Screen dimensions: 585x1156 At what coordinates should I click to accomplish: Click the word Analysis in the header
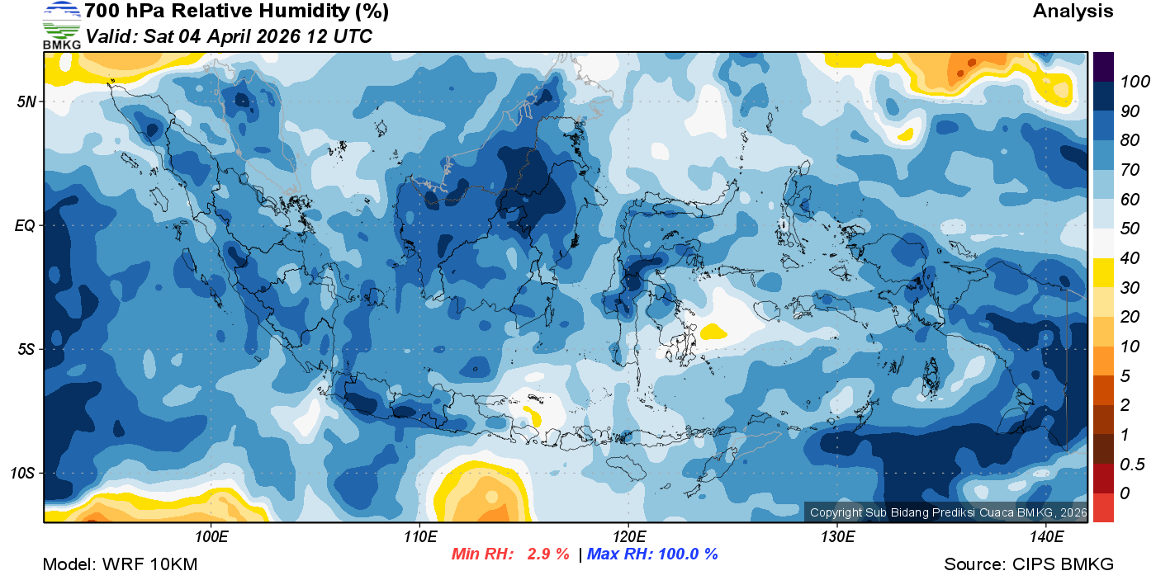point(1073,12)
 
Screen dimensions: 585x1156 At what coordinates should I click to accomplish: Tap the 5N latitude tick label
point(26,101)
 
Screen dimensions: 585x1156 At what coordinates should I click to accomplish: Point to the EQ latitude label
point(25,225)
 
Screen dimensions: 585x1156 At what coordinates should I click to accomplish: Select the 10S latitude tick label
point(22,474)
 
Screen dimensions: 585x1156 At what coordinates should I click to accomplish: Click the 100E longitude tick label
point(211,537)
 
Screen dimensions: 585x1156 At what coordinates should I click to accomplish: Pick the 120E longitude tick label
point(628,537)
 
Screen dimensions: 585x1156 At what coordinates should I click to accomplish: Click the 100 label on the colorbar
point(1129,82)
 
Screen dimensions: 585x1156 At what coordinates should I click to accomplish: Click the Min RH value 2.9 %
point(548,554)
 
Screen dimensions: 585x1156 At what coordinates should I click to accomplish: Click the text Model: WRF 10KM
point(120,565)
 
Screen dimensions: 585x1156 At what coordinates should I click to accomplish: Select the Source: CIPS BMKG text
point(1029,565)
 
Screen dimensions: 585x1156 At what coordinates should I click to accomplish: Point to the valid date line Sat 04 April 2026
point(229,36)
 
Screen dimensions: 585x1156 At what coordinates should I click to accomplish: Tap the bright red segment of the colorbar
point(1103,507)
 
